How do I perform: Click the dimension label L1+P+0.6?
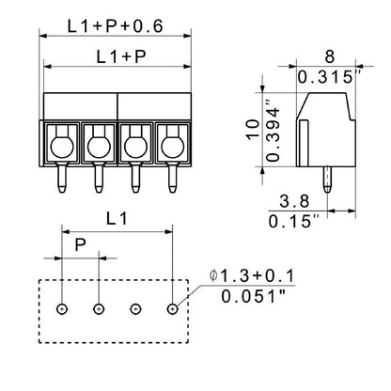pos(116,26)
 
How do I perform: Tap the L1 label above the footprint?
pos(117,219)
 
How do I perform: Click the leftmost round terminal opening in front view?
pos(61,145)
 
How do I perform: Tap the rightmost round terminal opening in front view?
pos(171,145)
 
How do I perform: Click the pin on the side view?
pos(326,178)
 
